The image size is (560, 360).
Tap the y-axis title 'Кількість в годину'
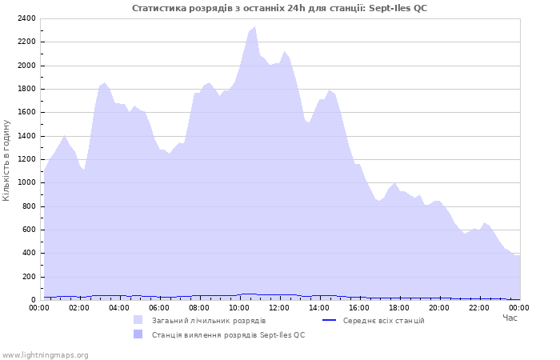coord(6,160)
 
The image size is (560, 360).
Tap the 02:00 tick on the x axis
coord(79,307)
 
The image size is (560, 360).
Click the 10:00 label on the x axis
coord(239,307)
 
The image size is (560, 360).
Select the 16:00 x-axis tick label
coord(359,307)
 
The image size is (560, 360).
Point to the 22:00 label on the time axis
coord(479,307)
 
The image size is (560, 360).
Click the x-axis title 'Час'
coord(510,318)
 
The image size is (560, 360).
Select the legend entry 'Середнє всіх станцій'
coord(383,320)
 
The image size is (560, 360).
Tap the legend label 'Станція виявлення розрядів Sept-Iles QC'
coord(228,334)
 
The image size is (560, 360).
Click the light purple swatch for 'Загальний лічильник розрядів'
coord(138,320)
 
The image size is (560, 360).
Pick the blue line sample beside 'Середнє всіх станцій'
coord(329,320)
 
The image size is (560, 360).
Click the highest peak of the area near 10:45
coord(254,27)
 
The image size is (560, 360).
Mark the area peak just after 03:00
coord(104,82)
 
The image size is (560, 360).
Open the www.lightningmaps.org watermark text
coord(45,354)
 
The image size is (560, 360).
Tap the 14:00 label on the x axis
coord(319,307)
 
